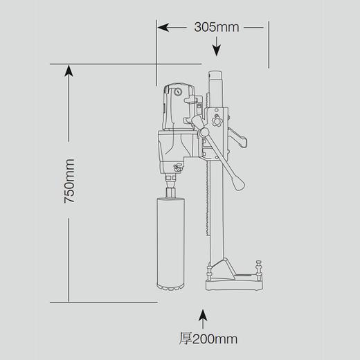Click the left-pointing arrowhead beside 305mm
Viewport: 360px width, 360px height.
pos(164,28)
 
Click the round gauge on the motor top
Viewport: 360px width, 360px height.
pos(178,91)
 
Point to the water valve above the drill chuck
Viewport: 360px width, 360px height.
pos(176,167)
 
